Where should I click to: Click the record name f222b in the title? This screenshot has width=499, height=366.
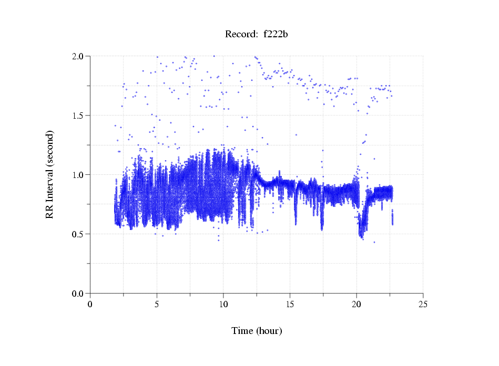coord(276,35)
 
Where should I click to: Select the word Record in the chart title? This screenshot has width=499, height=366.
coord(239,35)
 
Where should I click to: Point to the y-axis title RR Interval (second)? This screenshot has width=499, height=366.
coord(50,174)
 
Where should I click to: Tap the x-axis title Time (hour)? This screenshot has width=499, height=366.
coord(257,331)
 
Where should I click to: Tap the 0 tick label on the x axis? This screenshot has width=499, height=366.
coord(90,304)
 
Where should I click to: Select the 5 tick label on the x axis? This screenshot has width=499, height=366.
coord(157,304)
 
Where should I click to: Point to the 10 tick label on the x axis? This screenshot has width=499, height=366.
coord(223,304)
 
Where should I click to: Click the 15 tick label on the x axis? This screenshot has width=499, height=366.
coord(290,304)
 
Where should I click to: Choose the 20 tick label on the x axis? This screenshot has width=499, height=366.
coord(357,304)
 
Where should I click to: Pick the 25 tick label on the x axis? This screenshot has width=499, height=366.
coord(423,304)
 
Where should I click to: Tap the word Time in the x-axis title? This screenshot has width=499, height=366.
coord(242,331)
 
